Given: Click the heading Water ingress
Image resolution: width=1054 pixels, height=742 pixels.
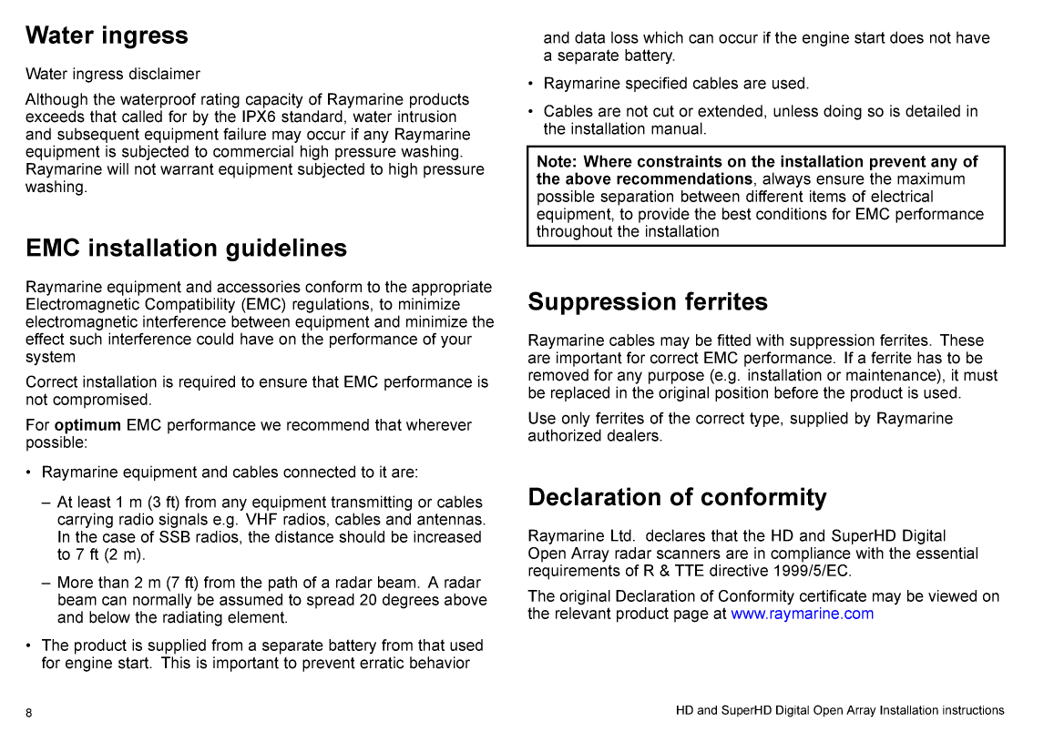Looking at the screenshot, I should [107, 36].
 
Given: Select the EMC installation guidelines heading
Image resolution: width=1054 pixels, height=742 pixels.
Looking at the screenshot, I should [186, 249].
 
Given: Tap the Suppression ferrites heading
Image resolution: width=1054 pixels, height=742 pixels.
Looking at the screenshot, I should [648, 302].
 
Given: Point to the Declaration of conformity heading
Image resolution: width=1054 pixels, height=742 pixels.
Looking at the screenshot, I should [677, 497].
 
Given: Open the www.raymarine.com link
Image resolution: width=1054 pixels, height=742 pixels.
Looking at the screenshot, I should [802, 614].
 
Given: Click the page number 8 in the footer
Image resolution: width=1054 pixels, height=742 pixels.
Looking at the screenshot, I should [29, 713].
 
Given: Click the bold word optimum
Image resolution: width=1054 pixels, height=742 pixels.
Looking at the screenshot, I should [87, 425].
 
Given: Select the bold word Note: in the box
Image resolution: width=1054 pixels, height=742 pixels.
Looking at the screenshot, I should [557, 162].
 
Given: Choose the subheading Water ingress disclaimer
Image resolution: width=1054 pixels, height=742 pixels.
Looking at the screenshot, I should [113, 74].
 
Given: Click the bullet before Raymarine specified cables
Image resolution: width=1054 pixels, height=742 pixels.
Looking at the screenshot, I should [531, 84].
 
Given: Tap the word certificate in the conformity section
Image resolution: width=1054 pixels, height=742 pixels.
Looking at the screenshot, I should [830, 596].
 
